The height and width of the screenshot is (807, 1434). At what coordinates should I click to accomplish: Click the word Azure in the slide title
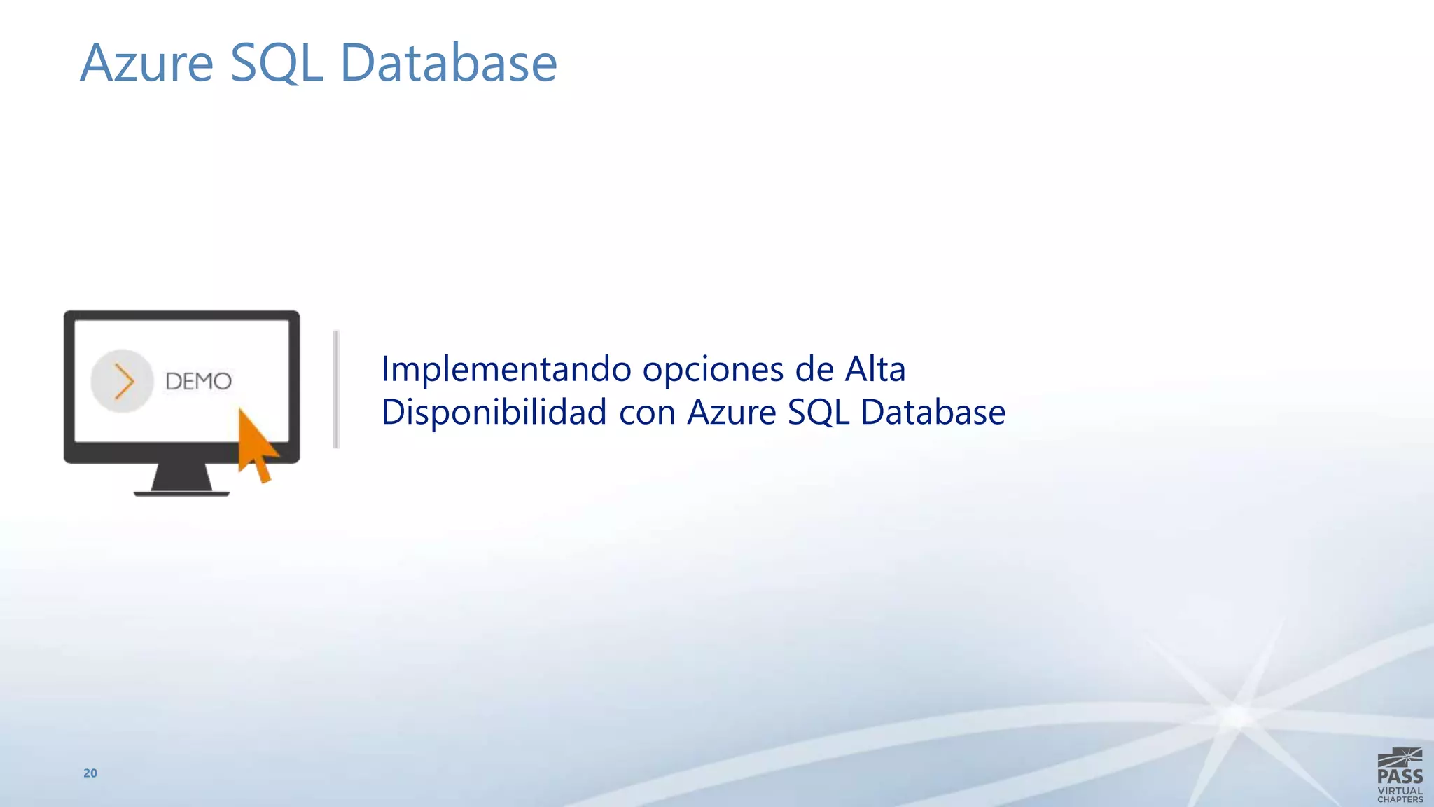pos(146,63)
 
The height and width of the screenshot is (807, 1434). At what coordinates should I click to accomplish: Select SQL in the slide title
pos(276,63)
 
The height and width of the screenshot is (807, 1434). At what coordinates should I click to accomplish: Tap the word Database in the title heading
pos(448,63)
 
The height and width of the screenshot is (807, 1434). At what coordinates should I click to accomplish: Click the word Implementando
pos(506,369)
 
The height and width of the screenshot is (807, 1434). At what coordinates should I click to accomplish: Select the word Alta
pos(875,368)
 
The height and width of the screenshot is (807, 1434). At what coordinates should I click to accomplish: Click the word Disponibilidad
pos(494,412)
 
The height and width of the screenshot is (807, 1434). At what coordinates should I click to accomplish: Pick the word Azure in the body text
pos(731,412)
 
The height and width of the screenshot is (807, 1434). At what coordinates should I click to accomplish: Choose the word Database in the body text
pos(933,412)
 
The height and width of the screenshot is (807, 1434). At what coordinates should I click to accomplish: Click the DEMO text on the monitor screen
pos(198,382)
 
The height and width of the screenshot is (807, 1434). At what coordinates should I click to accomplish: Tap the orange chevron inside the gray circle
pos(124,382)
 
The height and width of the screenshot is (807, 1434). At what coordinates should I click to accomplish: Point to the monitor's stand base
pos(181,492)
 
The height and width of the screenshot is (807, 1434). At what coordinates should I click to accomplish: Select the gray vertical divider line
pos(336,389)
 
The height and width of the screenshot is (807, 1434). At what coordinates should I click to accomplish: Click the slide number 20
pos(90,773)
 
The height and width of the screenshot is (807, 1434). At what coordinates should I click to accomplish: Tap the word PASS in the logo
pos(1400,776)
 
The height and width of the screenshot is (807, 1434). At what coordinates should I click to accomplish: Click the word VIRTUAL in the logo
pos(1400,791)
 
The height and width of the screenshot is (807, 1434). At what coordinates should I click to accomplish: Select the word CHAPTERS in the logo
pos(1400,799)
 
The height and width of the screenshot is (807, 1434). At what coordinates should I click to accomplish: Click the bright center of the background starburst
pos(1238,717)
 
